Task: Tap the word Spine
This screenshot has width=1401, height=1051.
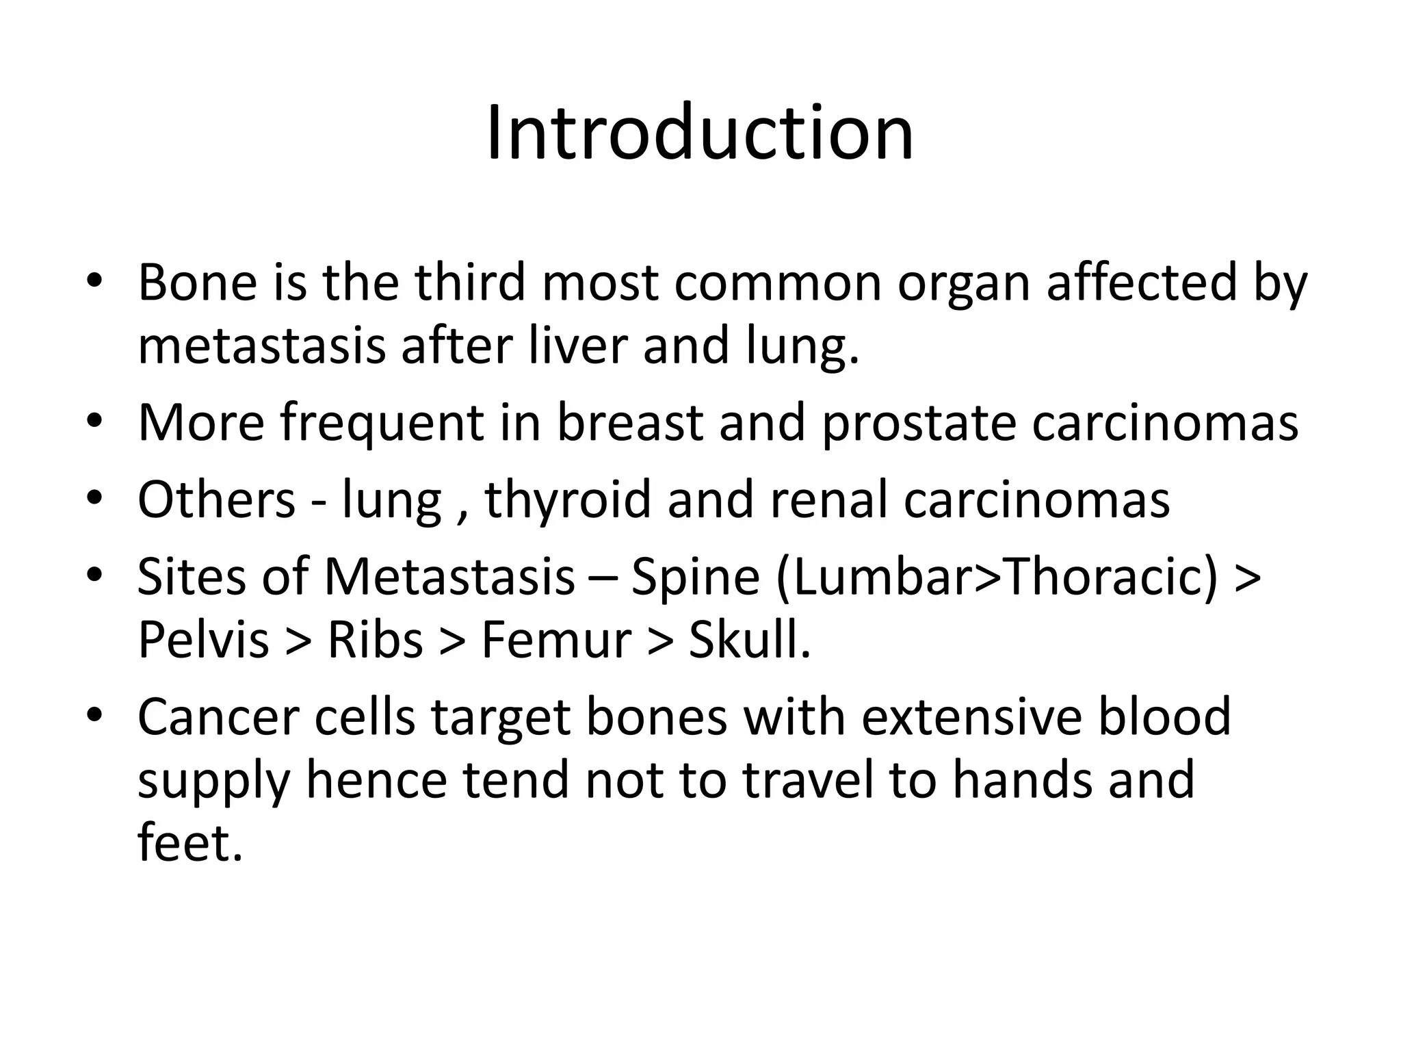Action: (694, 577)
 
